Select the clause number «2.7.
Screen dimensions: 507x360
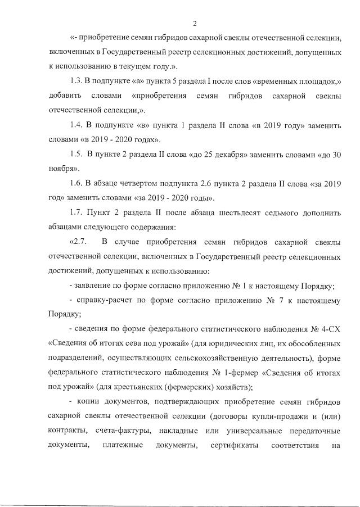pyautogui.click(x=78, y=242)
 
